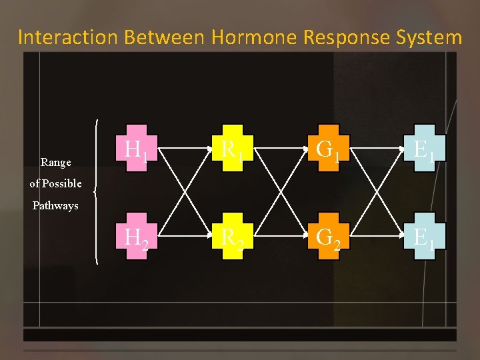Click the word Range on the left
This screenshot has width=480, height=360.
pyautogui.click(x=56, y=162)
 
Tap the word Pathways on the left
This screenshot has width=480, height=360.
pyautogui.click(x=55, y=206)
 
